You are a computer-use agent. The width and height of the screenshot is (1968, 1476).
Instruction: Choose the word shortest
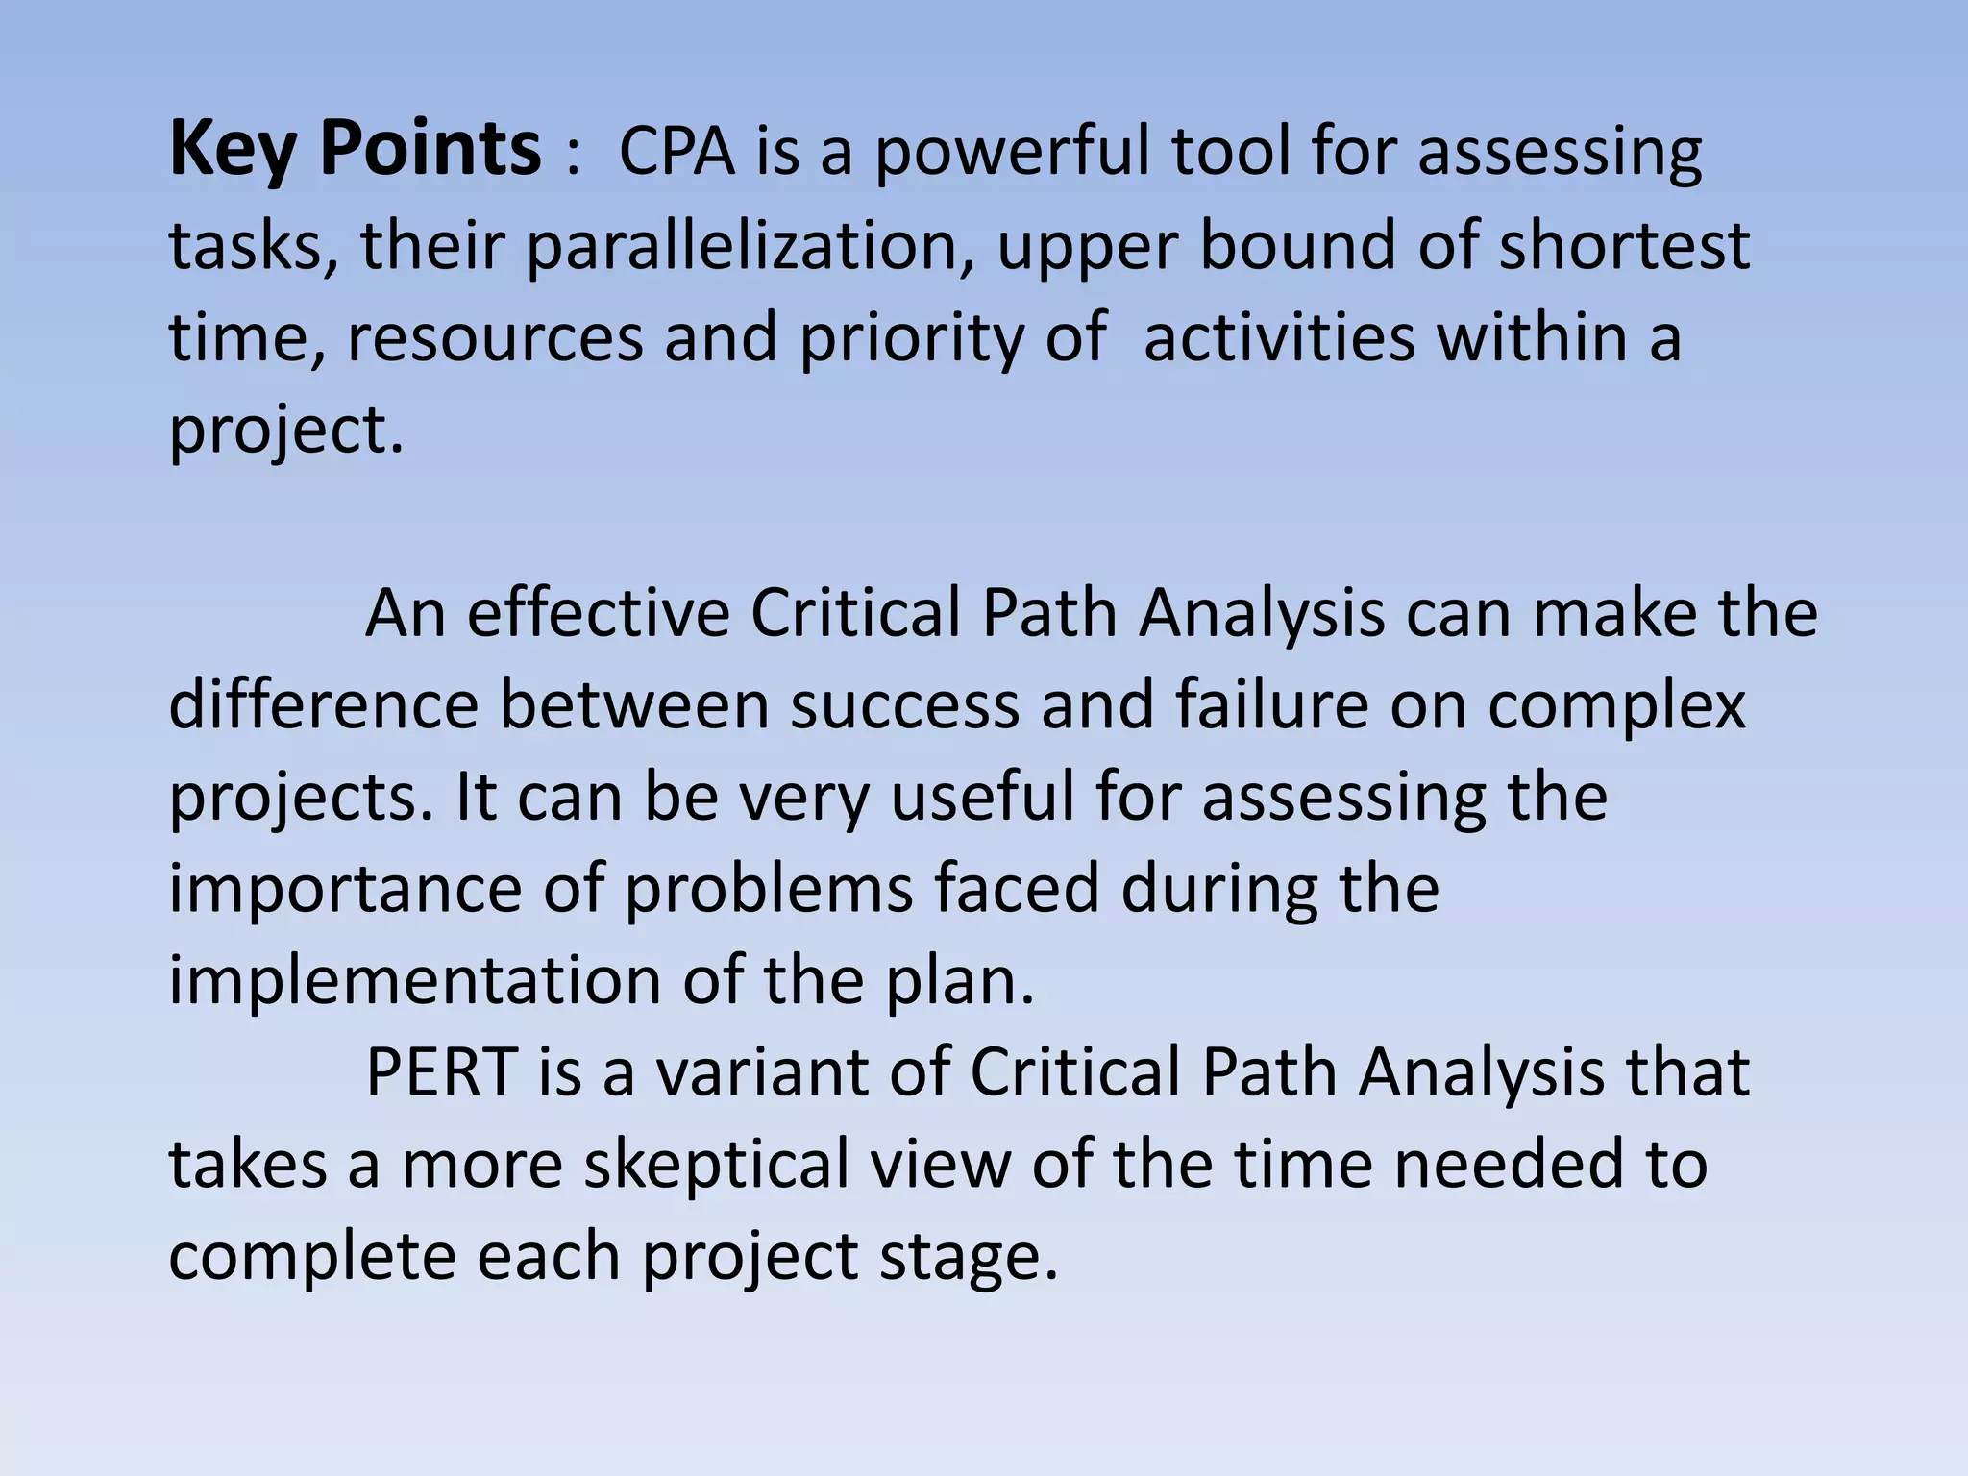coord(1624,244)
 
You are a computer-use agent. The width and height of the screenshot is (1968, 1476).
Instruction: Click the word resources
coord(495,337)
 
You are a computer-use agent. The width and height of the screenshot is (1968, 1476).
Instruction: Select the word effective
coord(599,612)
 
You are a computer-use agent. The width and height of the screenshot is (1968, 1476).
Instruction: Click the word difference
coord(324,704)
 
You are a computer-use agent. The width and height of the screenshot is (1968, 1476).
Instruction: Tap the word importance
coord(345,889)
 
